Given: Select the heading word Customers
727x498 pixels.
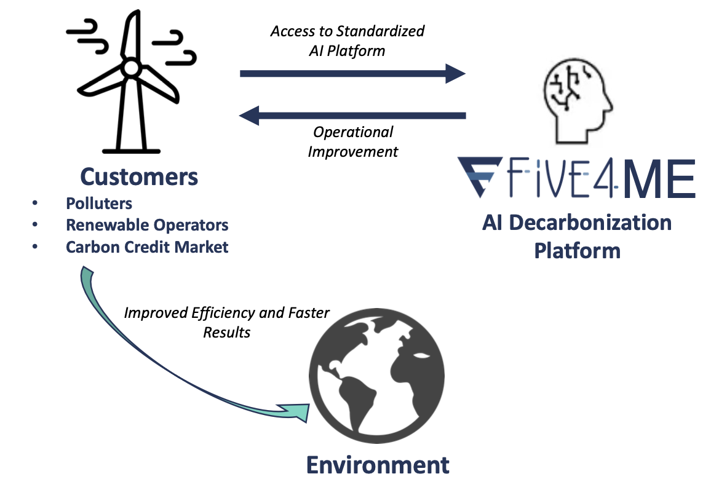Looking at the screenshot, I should click(139, 177).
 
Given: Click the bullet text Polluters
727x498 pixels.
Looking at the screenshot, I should click(99, 203).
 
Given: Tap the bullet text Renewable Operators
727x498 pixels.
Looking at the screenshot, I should click(147, 225).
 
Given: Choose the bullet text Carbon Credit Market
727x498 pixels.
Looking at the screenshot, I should click(147, 247).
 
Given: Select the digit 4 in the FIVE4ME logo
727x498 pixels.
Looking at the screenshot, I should click(608, 178).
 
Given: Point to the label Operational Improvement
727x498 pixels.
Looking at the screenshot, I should click(353, 141).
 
